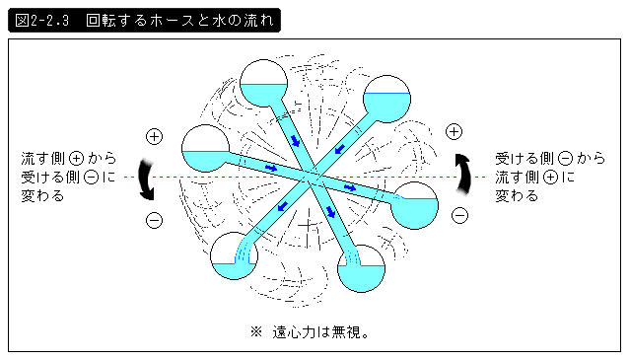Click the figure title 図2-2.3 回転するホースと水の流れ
pos(144,20)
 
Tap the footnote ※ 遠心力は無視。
pos(310,332)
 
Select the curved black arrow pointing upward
pos(463,175)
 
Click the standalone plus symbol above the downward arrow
pos(154,137)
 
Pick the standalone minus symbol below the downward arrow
pos(154,220)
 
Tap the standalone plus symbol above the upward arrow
pos(454,131)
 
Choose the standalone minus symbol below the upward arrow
pos(459,216)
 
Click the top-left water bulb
pos(263,84)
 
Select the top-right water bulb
pos(386,99)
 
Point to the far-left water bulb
pos(205,149)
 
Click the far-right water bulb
pos(414,205)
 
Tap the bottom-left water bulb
pos(234,255)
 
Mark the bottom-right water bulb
pos(362,268)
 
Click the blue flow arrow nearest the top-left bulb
pos(296,141)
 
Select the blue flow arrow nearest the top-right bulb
pos(340,149)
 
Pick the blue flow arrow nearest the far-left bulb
pos(271,168)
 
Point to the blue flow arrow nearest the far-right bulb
pos(350,187)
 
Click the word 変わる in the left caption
pos(42,196)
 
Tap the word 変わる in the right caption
pos(517,196)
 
